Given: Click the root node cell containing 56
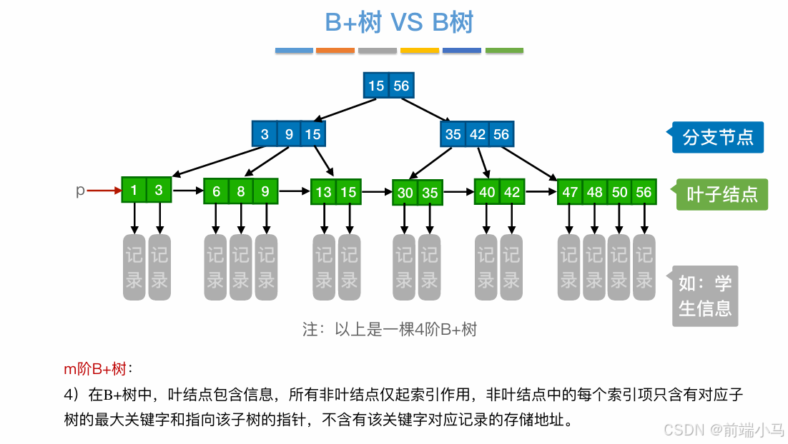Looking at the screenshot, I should point(401,86).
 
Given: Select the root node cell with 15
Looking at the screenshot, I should point(376,86).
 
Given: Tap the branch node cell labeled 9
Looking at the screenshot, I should point(288,134).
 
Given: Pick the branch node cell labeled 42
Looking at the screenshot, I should point(478,134).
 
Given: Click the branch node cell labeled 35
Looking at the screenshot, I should point(453,134).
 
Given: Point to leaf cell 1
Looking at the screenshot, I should point(134,191).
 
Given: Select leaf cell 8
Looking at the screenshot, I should point(241,191).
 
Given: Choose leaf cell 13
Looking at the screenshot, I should point(324,192).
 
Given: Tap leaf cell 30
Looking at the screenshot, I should point(405,193).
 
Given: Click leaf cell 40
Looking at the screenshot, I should point(487,192).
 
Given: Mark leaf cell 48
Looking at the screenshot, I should point(594,192).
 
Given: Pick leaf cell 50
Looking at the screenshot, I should point(619,192).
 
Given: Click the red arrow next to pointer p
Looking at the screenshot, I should point(104,191).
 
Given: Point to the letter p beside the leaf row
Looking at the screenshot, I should point(80,191).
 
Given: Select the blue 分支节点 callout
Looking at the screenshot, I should point(717,137).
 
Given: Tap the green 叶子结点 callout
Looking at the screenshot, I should point(721,194).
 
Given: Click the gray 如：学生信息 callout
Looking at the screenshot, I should point(705,296).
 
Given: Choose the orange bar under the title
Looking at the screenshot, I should point(335,51).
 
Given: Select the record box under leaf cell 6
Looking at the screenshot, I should point(215,267).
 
